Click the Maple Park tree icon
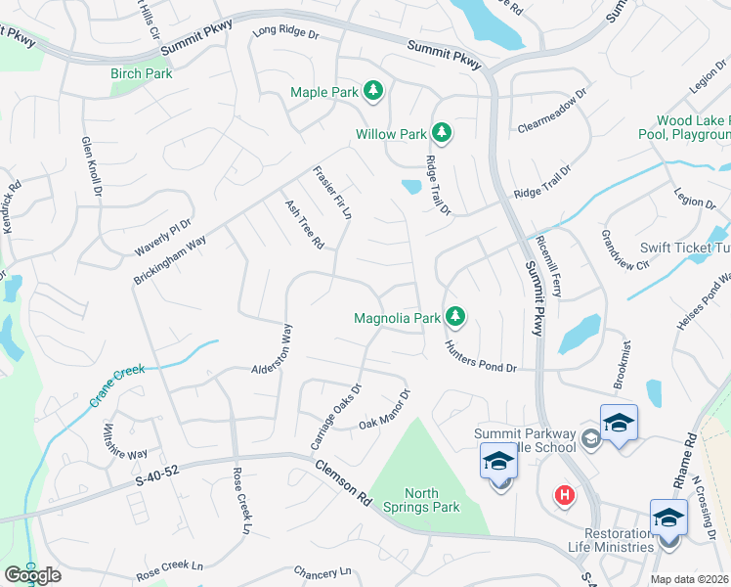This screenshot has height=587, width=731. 372,93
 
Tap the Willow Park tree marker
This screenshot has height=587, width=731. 441,133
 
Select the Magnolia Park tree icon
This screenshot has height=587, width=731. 454,317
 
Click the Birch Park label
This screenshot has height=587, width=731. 141,73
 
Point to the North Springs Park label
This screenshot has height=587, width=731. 433,500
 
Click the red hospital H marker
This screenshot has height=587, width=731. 563,495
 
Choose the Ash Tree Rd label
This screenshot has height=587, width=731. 304,225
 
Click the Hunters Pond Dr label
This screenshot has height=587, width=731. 480,355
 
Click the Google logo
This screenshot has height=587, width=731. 32,575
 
